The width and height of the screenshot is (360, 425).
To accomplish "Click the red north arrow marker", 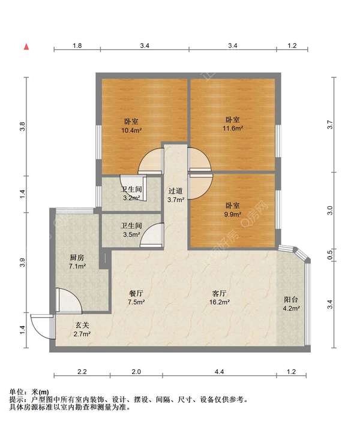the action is tap(26, 47).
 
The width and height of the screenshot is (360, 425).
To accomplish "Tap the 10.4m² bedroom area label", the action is tap(131, 126).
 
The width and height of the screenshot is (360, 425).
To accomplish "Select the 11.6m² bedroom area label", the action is tap(233, 124).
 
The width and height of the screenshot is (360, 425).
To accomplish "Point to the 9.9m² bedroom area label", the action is tap(232, 210).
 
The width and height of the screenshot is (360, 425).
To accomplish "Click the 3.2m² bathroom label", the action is tap(131, 194).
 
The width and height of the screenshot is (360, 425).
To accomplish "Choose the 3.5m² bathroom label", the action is tap(131, 230).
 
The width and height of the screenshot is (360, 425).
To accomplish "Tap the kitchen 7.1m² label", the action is tap(77, 261).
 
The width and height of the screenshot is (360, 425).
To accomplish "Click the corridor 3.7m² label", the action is tap(176, 195).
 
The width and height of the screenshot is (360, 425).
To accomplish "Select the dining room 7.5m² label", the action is tap(136, 297).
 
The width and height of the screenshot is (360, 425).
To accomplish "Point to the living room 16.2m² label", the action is tap(220, 297).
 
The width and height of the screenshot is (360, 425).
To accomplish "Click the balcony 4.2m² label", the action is tap(291, 304).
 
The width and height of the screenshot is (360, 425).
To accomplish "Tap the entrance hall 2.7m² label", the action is tap(82, 330).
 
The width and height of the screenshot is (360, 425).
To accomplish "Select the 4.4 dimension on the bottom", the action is tap(219, 372).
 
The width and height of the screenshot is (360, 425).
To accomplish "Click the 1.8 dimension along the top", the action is tap(77, 46).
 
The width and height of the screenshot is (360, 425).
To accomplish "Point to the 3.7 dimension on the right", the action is tap(330, 125).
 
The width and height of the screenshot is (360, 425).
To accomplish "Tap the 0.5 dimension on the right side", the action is tap(330, 255).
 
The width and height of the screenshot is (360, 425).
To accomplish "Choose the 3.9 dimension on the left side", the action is tap(23, 262).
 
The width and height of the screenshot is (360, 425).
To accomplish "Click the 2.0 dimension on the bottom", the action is tap(136, 372).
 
